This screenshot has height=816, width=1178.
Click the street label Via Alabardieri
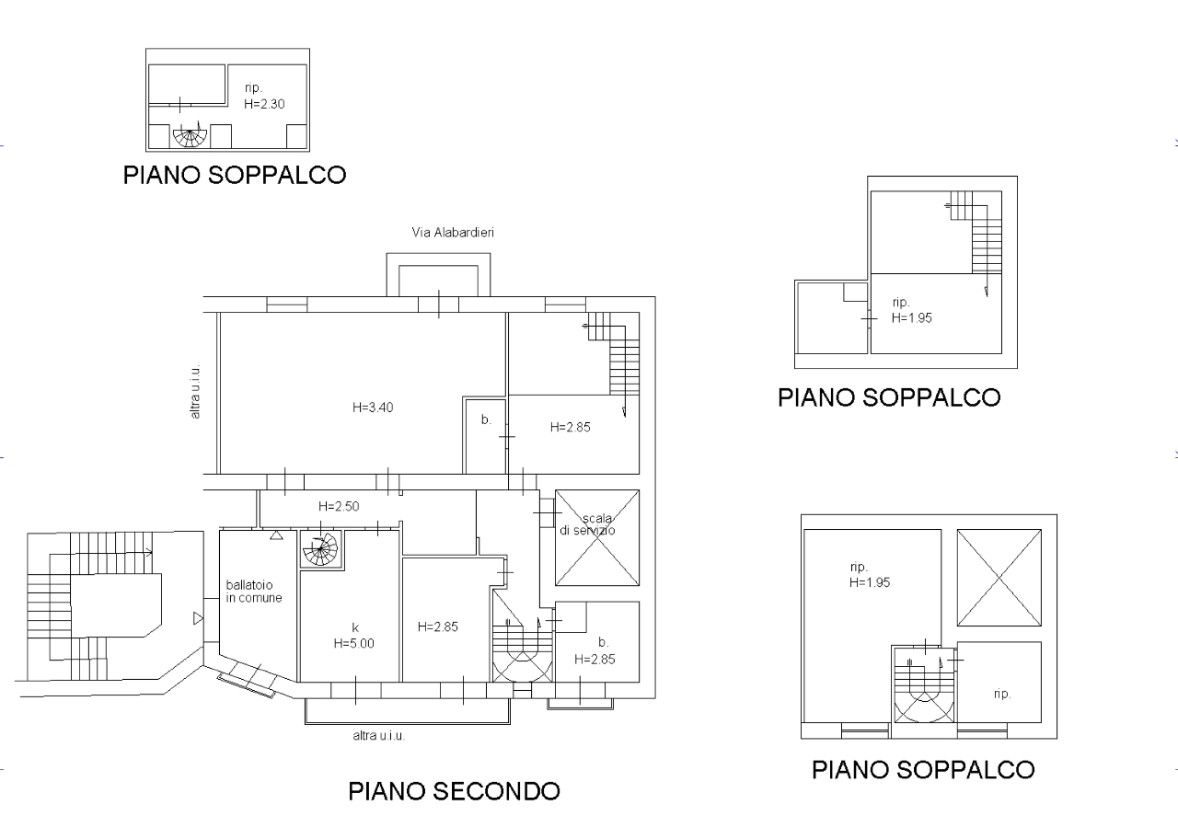[x=453, y=233]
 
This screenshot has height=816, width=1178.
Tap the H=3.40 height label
[x=373, y=408]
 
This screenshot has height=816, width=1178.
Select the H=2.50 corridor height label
[x=339, y=506]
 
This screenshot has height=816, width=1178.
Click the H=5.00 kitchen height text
[x=354, y=644]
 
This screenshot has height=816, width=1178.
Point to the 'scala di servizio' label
[x=588, y=524]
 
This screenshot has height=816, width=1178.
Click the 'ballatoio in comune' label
[x=253, y=591]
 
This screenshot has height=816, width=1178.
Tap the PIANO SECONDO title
[x=455, y=791]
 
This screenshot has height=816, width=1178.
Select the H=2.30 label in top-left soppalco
[x=264, y=104]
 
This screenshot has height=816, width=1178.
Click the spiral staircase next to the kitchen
[x=320, y=549]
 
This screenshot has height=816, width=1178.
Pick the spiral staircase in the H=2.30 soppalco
[x=190, y=135]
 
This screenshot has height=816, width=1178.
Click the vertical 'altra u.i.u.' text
[x=195, y=392]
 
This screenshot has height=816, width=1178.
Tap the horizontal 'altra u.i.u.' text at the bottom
[x=378, y=736]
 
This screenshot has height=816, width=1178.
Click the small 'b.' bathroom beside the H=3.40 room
[x=486, y=436]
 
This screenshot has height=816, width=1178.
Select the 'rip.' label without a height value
[x=1002, y=694]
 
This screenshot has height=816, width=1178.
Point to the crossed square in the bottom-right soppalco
[x=999, y=578]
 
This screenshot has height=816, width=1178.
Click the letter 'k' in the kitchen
[x=355, y=627]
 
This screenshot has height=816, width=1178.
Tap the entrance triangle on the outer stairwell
[x=198, y=618]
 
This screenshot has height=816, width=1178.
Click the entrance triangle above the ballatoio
[x=277, y=535]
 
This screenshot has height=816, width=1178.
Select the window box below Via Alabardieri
[x=439, y=275]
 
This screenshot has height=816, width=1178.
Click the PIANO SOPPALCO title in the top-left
[x=235, y=175]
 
